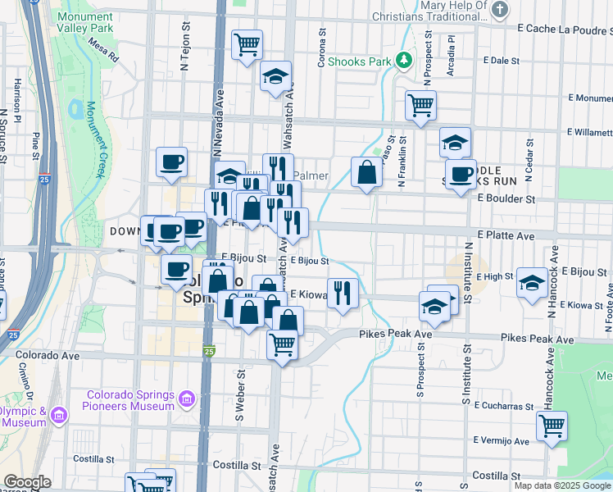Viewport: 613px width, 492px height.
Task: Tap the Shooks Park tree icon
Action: click(403, 60)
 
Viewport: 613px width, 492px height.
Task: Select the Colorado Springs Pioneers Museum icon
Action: click(188, 399)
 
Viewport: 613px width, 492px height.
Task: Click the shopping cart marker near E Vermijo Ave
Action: click(552, 426)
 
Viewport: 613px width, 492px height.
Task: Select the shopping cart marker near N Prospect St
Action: click(420, 104)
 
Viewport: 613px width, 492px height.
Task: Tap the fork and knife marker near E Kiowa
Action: click(343, 292)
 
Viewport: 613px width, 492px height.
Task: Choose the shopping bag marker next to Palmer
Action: click(366, 172)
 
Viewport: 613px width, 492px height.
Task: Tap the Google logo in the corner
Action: click(27, 482)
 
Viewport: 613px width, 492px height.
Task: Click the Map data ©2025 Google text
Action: click(562, 485)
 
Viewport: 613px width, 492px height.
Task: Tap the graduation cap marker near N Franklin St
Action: click(455, 142)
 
